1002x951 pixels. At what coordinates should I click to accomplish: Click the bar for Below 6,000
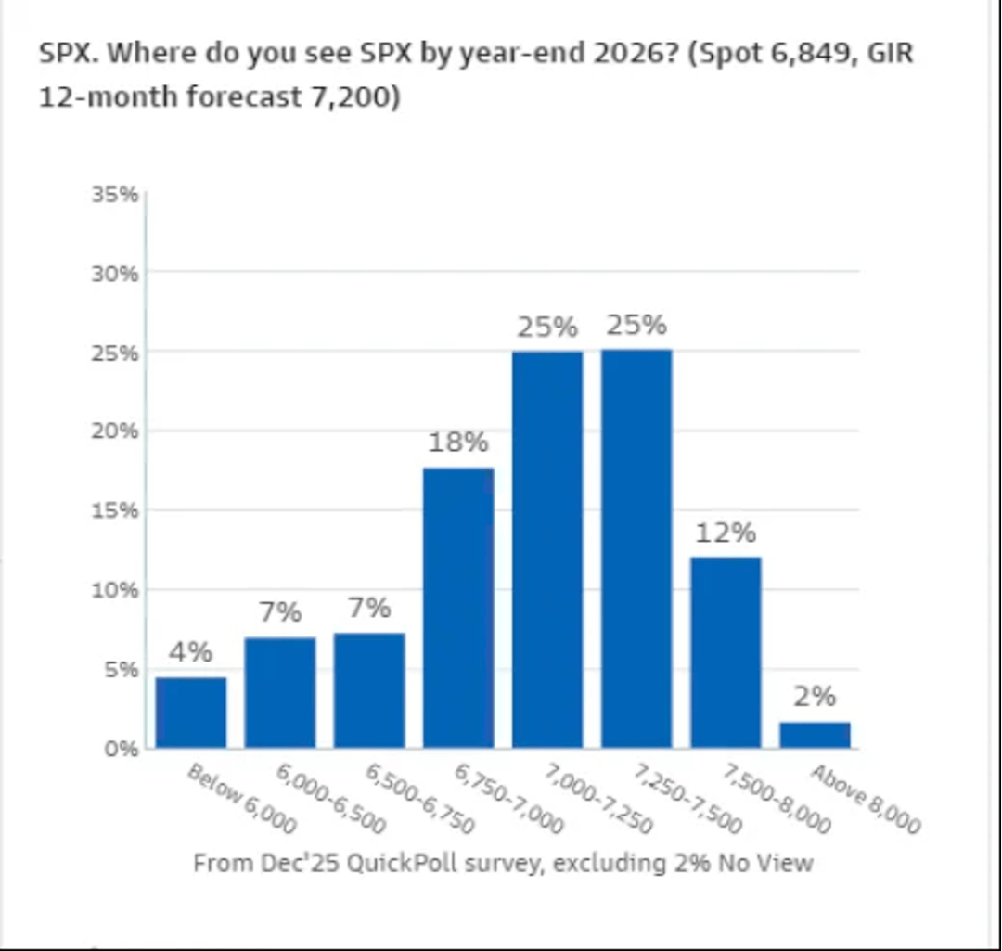click(190, 713)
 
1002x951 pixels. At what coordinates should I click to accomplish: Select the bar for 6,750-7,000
click(458, 608)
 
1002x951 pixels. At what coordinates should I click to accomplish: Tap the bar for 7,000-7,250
click(547, 549)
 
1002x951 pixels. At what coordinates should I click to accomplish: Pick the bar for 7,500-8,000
click(726, 652)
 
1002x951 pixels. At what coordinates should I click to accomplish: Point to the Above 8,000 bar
click(815, 735)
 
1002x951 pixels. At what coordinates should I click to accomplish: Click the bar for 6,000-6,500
click(279, 692)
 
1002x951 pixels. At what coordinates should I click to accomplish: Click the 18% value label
click(458, 442)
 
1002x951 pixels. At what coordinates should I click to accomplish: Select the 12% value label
click(726, 533)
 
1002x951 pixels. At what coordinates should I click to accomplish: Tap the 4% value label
click(190, 652)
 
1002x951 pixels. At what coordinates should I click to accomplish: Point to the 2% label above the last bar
click(815, 696)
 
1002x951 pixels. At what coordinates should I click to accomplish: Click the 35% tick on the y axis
click(116, 195)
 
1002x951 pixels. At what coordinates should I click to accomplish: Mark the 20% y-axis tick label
click(116, 431)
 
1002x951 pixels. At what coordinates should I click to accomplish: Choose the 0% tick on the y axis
click(122, 748)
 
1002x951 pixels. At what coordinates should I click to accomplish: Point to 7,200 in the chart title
click(350, 96)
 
